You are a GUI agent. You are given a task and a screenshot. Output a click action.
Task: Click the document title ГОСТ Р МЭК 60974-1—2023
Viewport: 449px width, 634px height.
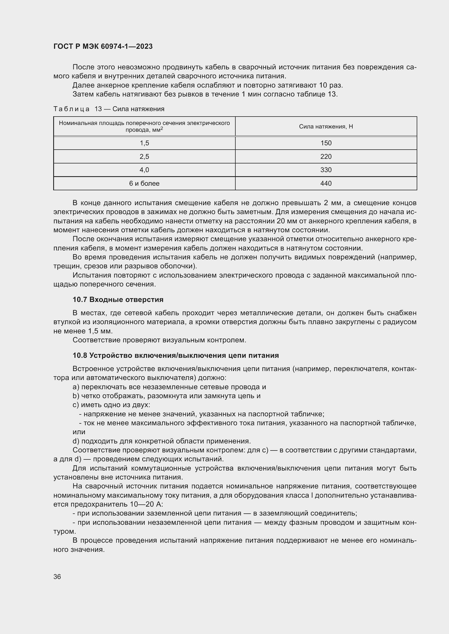(x=103, y=46)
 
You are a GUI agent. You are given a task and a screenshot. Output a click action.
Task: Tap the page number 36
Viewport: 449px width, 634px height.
(x=57, y=577)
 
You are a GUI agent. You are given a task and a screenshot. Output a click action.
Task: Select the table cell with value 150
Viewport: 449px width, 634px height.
(x=326, y=143)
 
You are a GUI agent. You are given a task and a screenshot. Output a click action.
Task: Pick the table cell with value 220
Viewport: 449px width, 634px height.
(x=326, y=157)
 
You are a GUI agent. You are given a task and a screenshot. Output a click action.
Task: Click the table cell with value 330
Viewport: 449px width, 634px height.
(x=326, y=170)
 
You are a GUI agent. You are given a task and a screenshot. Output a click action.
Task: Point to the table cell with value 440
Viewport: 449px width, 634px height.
(x=326, y=183)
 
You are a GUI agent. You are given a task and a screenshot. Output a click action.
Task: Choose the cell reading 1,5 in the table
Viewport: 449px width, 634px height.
(x=144, y=143)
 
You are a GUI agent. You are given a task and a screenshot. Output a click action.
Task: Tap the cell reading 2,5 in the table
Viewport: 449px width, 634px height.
(x=144, y=157)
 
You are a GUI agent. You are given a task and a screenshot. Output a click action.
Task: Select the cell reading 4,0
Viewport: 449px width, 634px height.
(x=144, y=170)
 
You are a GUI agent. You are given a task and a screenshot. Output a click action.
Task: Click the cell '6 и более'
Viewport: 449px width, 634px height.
(x=144, y=183)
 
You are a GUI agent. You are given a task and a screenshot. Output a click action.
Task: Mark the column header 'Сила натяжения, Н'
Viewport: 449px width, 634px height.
(x=326, y=127)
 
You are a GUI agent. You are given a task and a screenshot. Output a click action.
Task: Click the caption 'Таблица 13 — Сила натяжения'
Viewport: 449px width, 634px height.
(x=109, y=109)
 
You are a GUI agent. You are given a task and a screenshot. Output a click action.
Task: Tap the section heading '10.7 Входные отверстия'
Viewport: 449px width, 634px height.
(x=118, y=300)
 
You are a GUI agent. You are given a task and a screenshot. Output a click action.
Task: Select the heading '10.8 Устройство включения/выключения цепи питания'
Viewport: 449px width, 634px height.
(x=176, y=355)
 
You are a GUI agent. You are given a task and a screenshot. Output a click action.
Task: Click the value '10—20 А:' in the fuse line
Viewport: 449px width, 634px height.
(x=146, y=504)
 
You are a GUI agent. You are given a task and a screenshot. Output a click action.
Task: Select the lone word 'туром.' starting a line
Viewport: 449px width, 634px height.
(x=64, y=531)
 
